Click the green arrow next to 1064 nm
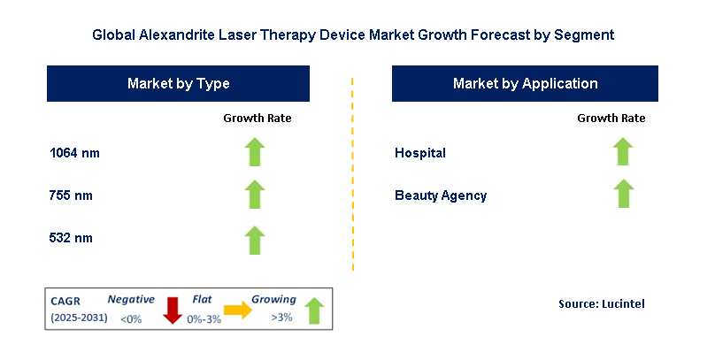click(255, 152)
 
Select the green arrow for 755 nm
click(255, 195)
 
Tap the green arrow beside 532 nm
click(255, 241)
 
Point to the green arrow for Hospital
click(622, 152)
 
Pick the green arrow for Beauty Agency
click(623, 194)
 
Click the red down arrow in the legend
click(173, 310)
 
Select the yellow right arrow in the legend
click(237, 310)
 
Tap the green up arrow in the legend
click(314, 310)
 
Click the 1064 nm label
click(75, 153)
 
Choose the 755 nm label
click(71, 195)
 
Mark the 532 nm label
click(71, 238)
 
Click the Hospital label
click(420, 153)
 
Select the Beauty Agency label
click(441, 195)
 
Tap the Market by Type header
click(178, 83)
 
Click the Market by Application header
click(525, 83)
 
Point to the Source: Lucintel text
click(602, 304)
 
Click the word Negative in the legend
click(131, 299)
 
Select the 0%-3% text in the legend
click(204, 319)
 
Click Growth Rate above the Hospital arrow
click(611, 118)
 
